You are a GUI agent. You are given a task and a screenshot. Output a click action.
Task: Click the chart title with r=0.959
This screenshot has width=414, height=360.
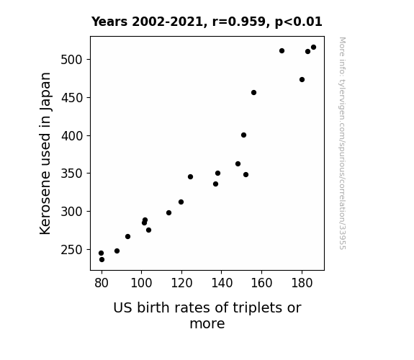207,22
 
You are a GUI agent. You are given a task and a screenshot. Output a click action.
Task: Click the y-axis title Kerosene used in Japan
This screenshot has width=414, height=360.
45,153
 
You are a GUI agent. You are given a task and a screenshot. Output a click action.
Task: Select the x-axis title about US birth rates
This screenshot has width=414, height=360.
207,315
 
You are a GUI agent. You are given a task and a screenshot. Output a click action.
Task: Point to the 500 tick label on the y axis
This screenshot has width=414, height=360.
72,60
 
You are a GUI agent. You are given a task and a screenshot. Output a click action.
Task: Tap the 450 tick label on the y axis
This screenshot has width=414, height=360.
72,98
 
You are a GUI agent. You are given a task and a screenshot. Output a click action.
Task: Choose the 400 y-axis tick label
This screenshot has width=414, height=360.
72,136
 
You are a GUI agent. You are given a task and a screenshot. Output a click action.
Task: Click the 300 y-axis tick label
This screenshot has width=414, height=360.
72,212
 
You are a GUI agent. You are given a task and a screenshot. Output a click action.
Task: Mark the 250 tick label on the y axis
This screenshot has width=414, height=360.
72,250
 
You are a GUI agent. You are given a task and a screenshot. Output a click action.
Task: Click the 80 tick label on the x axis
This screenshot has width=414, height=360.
102,283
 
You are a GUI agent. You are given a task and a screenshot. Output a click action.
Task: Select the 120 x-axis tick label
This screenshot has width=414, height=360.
181,283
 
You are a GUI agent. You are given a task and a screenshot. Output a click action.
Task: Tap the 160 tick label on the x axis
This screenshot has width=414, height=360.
261,283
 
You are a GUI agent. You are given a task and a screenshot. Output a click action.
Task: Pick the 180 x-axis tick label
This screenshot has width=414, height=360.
302,283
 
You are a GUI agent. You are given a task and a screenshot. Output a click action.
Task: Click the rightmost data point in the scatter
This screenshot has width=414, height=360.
313,48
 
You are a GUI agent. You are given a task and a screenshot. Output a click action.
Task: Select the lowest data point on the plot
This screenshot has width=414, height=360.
102,260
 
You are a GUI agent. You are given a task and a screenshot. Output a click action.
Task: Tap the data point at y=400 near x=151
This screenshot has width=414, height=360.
243,135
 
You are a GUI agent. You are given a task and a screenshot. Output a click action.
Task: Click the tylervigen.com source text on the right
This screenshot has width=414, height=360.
343,143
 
